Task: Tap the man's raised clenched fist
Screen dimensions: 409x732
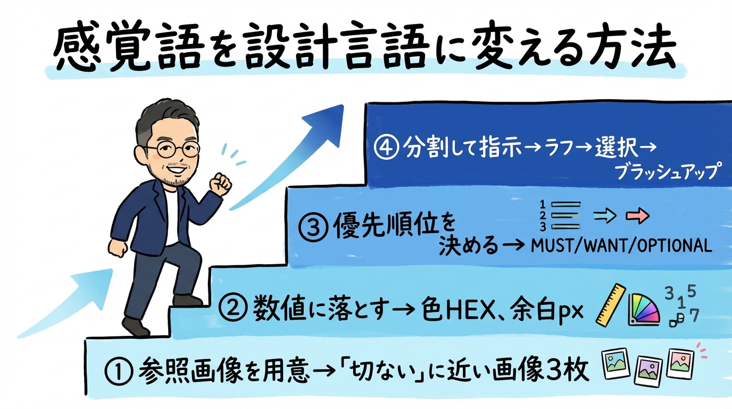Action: pyautogui.click(x=220, y=184)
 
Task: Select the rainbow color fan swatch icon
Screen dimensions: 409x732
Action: pyautogui.click(x=643, y=309)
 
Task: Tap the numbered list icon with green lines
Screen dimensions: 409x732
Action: pyautogui.click(x=558, y=215)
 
